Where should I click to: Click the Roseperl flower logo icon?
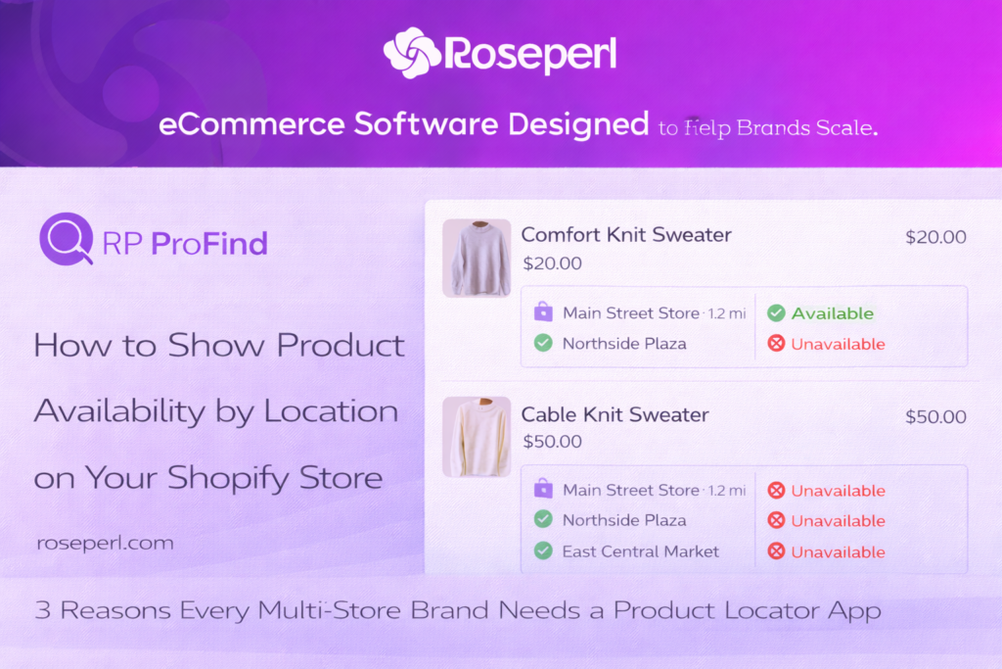pyautogui.click(x=412, y=53)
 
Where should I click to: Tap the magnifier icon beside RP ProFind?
pyautogui.click(x=67, y=239)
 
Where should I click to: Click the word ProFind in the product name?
pyautogui.click(x=209, y=244)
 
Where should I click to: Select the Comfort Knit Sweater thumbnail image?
pyautogui.click(x=477, y=258)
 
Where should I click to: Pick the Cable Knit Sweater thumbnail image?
pyautogui.click(x=477, y=437)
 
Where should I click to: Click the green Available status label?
pyautogui.click(x=832, y=313)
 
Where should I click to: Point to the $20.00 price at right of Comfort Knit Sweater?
pyautogui.click(x=935, y=237)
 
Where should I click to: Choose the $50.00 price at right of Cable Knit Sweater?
pyautogui.click(x=935, y=417)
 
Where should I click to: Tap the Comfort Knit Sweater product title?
pyautogui.click(x=626, y=235)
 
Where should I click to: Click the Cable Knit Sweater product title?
pyautogui.click(x=615, y=414)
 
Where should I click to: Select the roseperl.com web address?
pyautogui.click(x=105, y=543)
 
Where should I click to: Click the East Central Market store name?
pyautogui.click(x=640, y=551)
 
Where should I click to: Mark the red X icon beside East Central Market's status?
pyautogui.click(x=776, y=550)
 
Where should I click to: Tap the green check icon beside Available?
pyautogui.click(x=776, y=312)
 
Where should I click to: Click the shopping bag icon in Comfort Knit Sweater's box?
pyautogui.click(x=543, y=311)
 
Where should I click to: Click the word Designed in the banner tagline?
pyautogui.click(x=578, y=123)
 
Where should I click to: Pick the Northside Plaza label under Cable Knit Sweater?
pyautogui.click(x=624, y=520)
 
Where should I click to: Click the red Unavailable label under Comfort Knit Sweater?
pyautogui.click(x=838, y=344)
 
